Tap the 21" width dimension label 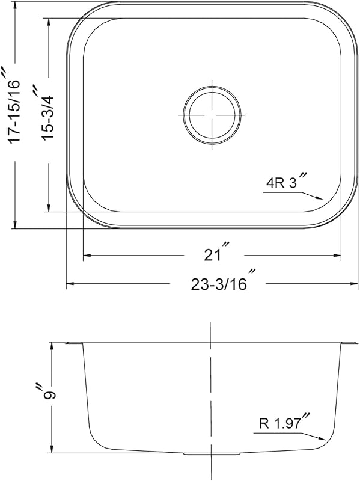217,251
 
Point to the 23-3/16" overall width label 223,280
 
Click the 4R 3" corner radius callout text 287,180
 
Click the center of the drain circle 212,115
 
